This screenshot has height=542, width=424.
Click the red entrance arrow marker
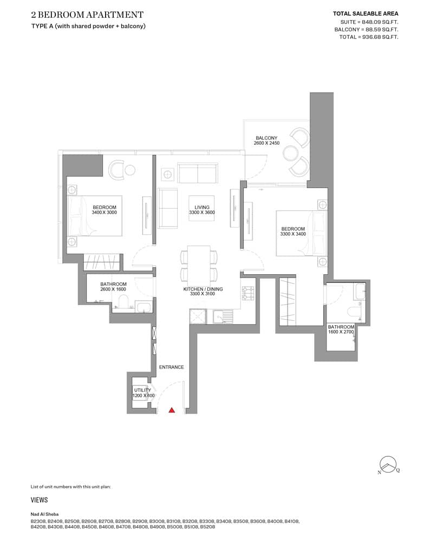pos(172,410)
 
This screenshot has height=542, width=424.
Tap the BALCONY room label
pos(266,138)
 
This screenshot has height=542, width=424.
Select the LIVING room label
pos(202,207)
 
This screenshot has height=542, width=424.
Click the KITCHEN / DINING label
pos(203,289)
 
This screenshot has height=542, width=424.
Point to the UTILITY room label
pos(142,390)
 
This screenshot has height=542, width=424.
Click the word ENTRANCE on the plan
pos(171,367)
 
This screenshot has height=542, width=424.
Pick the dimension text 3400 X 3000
pos(105,212)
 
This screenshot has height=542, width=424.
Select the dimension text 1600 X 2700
pos(341,332)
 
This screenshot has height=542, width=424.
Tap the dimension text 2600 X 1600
pos(113,289)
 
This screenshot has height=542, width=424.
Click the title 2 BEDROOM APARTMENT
pos(87,15)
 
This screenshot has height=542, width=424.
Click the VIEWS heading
pos(40,500)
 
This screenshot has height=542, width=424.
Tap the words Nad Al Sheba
pos(45,514)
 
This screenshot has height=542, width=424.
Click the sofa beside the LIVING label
pos(167,208)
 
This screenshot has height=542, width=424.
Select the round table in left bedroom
pos(130,170)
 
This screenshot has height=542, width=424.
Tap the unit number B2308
pos(38,521)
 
